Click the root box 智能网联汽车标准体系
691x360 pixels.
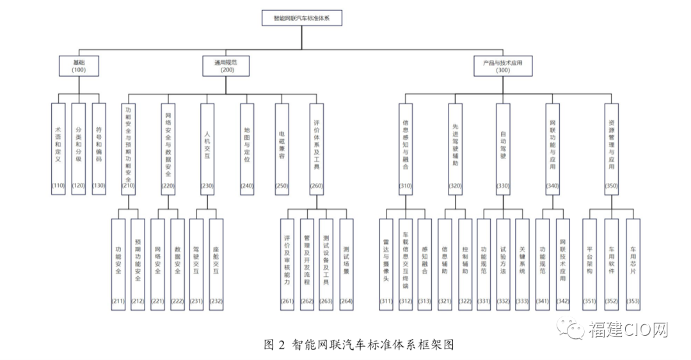pos(301,18)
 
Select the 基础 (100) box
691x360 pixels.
pos(79,67)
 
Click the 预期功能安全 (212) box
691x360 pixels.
pos(138,265)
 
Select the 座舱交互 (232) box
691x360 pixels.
pos(216,265)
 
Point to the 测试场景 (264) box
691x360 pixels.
pos(346,265)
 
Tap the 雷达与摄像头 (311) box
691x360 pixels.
pos(386,265)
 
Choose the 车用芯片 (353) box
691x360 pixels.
pos(633,265)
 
